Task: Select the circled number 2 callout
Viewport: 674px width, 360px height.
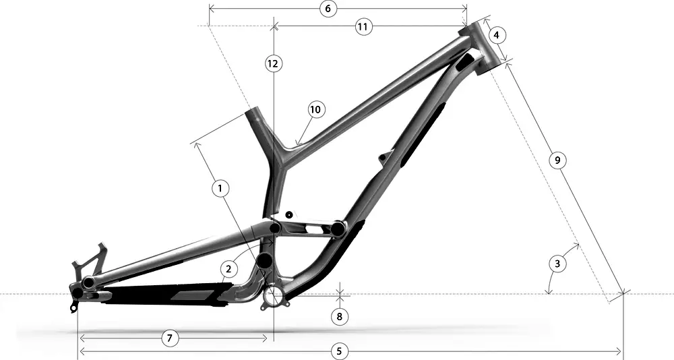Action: click(x=228, y=269)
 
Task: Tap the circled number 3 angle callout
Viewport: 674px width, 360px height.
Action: click(x=557, y=264)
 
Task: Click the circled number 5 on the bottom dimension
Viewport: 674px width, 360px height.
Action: click(x=340, y=351)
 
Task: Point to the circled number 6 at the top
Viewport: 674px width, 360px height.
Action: click(x=327, y=9)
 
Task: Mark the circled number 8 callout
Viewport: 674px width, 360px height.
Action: click(x=340, y=316)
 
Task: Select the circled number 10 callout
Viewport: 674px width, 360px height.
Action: click(x=317, y=109)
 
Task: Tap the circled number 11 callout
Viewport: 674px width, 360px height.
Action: click(x=363, y=26)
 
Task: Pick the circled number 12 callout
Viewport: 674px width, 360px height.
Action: click(x=272, y=63)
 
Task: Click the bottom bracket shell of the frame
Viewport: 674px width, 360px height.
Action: click(x=274, y=296)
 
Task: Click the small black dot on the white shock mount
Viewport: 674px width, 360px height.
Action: click(x=289, y=214)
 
